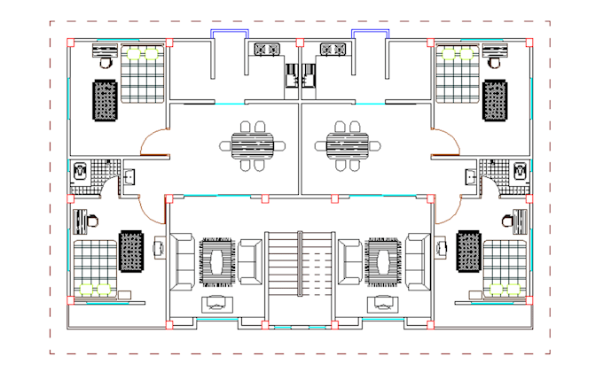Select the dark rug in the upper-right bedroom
click(x=495, y=99)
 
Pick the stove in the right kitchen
click(x=333, y=50)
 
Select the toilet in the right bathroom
click(x=521, y=169)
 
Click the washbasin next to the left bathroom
click(x=130, y=175)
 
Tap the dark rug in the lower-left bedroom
click(x=131, y=251)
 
